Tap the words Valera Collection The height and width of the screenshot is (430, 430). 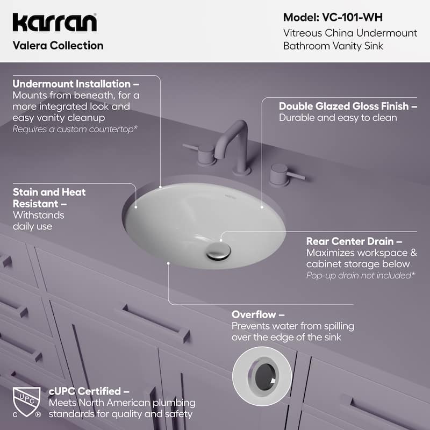58,46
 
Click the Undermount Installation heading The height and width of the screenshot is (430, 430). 76,84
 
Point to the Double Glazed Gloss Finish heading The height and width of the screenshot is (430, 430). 348,106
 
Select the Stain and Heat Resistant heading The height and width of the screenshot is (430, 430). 49,198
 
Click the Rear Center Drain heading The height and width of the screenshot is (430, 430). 354,241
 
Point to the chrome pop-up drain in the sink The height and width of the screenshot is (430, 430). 219,250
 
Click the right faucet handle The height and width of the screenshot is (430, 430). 282,173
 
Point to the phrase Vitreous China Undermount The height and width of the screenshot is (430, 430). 350,33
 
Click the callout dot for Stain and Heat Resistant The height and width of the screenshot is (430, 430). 136,207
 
